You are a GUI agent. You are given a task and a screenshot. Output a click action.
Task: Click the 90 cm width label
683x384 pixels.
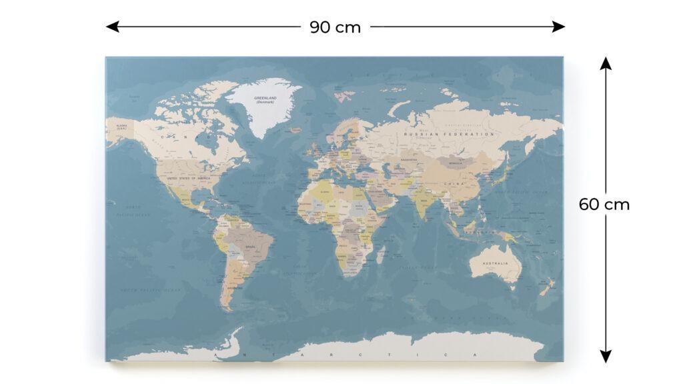[x=335, y=27]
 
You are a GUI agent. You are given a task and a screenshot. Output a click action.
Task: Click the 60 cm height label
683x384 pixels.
[x=604, y=205]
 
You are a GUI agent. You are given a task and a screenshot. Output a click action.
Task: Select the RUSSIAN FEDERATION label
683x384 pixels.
[x=450, y=134]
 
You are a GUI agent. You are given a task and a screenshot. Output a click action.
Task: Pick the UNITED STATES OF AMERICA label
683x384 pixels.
[x=189, y=179]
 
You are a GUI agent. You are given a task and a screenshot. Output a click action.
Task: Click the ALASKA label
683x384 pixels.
[x=121, y=126]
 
